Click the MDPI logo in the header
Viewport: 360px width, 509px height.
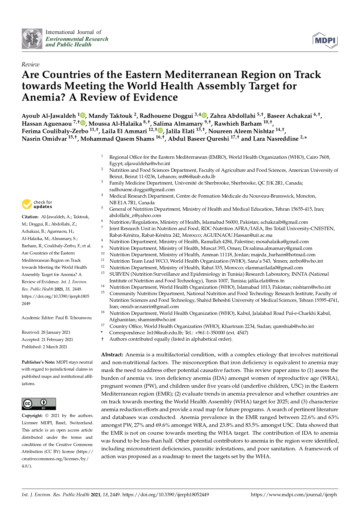point(325,40)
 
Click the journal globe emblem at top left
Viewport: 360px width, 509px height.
point(32,39)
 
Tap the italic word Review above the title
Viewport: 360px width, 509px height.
point(30,64)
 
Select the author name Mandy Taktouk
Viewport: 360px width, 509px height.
point(110,116)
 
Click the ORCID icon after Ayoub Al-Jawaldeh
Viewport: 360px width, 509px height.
point(83,115)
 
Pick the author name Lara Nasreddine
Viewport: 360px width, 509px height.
point(276,139)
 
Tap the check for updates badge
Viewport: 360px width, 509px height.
point(37,204)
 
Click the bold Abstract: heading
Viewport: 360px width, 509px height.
point(112,355)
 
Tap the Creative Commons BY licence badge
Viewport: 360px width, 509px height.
point(39,404)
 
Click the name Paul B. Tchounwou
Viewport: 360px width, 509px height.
point(73,318)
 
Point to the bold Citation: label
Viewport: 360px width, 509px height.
point(30,217)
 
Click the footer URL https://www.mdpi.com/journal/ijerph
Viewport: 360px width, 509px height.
point(294,495)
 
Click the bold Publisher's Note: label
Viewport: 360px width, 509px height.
point(38,362)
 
